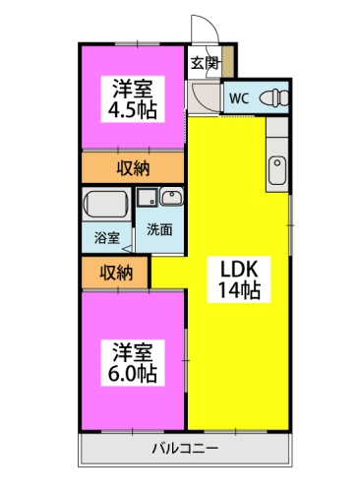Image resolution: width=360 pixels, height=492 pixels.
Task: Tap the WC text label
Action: click(x=238, y=97)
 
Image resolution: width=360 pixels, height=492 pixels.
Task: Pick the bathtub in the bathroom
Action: click(x=107, y=207)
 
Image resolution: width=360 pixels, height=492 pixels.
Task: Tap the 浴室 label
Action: click(x=106, y=237)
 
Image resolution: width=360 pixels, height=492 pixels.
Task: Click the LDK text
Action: click(x=236, y=269)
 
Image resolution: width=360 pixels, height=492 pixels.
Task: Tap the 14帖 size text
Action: click(x=236, y=291)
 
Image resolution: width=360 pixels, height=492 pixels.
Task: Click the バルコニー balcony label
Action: click(x=185, y=452)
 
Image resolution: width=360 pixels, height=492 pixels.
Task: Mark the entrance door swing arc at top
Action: click(x=201, y=28)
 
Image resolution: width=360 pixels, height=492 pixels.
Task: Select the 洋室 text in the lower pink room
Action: click(x=131, y=350)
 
